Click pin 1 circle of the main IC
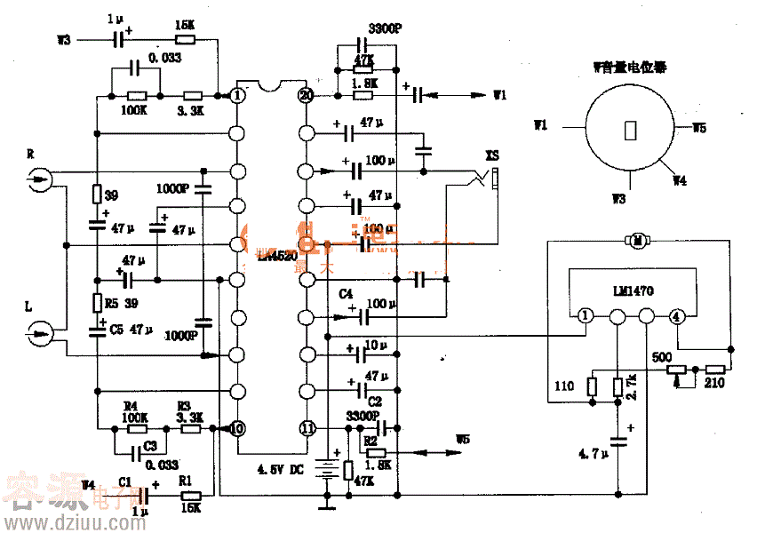pyautogui.click(x=237, y=95)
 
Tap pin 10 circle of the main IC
pyautogui.click(x=237, y=428)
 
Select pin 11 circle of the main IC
pyautogui.click(x=307, y=428)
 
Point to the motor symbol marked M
pyautogui.click(x=636, y=241)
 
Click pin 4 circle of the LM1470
pyautogui.click(x=677, y=315)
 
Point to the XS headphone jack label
pyautogui.click(x=492, y=156)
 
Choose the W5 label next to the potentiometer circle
pyautogui.click(x=699, y=128)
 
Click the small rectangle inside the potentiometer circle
pyautogui.click(x=631, y=130)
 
